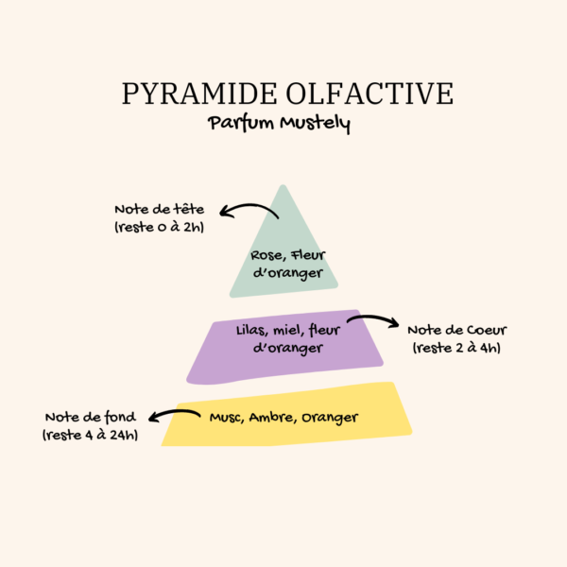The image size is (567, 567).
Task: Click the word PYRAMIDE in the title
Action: [x=199, y=94]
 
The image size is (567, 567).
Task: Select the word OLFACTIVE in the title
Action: [x=369, y=94]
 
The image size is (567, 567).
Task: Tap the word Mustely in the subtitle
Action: [x=315, y=124]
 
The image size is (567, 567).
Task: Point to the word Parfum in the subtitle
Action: [x=241, y=123]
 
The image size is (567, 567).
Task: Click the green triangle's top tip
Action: [x=283, y=185]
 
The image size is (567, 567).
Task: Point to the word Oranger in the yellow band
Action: [x=330, y=418]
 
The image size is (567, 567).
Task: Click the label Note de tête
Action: [x=160, y=209]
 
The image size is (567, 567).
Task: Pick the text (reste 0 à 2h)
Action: [x=160, y=227]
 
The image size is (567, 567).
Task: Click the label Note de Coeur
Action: [x=457, y=330]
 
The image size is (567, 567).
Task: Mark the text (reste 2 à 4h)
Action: [x=457, y=348]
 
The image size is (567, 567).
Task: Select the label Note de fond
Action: [x=91, y=417]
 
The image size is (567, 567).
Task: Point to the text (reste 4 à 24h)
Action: [x=91, y=435]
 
